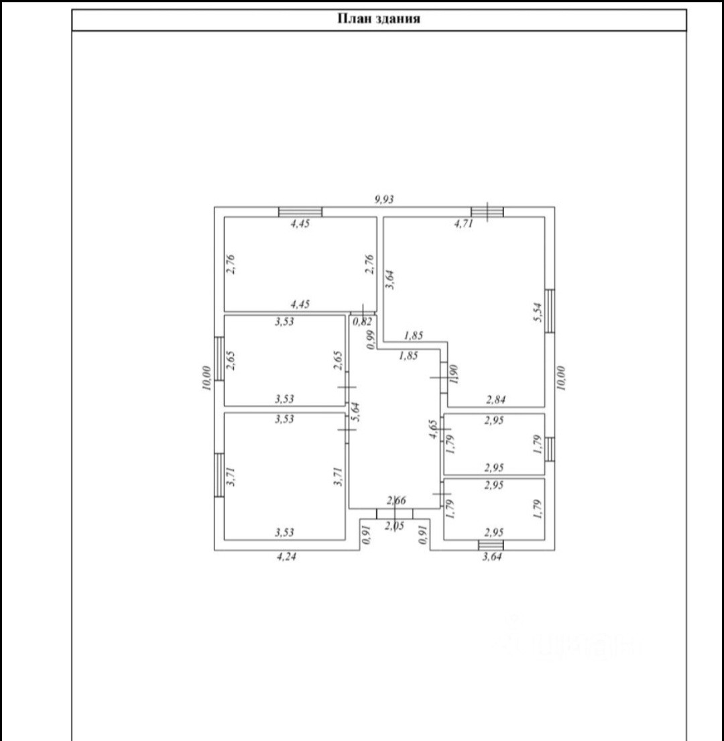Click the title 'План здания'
click(378, 19)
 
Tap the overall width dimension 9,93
click(384, 198)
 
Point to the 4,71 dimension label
click(464, 225)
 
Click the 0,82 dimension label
click(362, 322)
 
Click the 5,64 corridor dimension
click(357, 410)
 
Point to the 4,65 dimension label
click(434, 429)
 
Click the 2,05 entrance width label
click(394, 527)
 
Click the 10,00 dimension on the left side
click(206, 377)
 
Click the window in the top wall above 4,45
click(300, 212)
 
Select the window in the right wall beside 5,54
click(550, 310)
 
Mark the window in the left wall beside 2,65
click(219, 358)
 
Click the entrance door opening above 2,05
click(394, 514)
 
